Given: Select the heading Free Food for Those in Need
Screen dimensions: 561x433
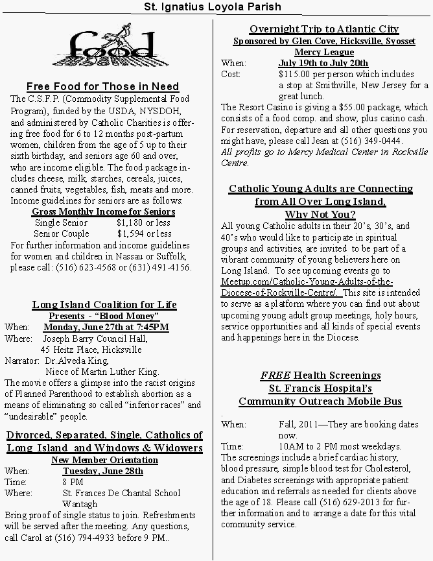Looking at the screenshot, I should pos(103,86).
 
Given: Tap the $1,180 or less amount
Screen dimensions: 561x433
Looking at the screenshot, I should pos(144,222).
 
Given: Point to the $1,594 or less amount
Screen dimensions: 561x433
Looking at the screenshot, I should pos(144,233).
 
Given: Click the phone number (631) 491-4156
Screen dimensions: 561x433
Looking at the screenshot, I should pos(162,267).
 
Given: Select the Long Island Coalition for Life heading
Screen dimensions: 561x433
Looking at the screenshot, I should pos(104,304).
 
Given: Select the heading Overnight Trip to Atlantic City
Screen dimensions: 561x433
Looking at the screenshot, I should pos(324,29).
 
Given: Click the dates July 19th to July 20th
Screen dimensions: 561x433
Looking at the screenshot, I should pos(323,63).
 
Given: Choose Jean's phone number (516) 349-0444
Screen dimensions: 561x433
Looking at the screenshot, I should pos(375,141).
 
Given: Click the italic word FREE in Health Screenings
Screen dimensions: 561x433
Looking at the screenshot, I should pos(275,376).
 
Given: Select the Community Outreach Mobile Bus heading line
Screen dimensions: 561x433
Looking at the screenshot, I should pos(320,401).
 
